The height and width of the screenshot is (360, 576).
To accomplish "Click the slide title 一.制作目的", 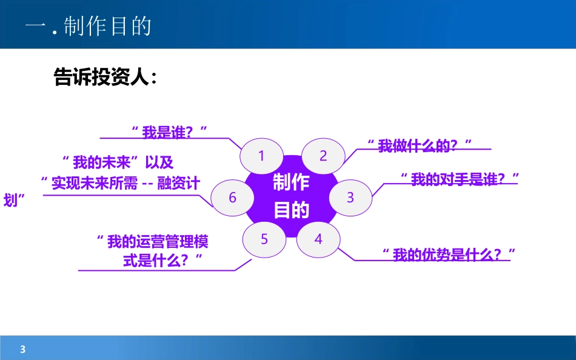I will [89, 27].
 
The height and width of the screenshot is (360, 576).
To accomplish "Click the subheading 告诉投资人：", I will [105, 77].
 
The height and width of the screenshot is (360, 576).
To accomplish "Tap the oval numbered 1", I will [262, 156].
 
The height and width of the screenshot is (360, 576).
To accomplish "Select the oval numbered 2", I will [323, 156].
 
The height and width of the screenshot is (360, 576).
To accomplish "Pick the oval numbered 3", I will [350, 198].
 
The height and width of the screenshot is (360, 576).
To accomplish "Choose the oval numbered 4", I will [318, 239].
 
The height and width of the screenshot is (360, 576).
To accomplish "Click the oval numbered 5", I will [264, 239].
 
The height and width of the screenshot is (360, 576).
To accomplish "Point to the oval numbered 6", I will [232, 198].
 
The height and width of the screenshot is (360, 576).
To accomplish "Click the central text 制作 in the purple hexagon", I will [291, 182].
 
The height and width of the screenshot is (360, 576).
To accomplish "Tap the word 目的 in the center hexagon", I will [291, 210].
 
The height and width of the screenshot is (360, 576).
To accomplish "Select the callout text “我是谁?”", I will [170, 130].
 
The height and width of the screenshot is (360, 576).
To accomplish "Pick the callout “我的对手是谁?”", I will [461, 179].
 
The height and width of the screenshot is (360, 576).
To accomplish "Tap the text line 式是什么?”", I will [162, 261].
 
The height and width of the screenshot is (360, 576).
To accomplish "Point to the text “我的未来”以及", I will [118, 162].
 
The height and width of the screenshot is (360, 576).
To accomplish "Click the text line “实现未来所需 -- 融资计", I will [120, 183].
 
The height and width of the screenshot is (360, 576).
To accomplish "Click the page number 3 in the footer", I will [23, 349].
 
